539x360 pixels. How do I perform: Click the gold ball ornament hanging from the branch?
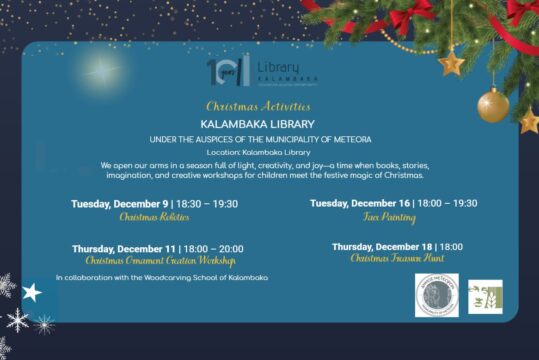[x=493, y=105]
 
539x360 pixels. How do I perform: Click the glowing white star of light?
[x=99, y=69]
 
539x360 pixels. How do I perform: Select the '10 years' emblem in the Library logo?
[x=222, y=70]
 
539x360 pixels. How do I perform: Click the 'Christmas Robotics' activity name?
[x=154, y=217]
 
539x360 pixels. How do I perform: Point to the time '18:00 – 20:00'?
[x=215, y=249]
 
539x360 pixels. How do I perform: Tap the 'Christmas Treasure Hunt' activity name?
[x=397, y=259]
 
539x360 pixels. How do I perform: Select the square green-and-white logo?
[x=485, y=297]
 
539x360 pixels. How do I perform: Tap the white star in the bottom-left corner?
[x=32, y=292]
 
